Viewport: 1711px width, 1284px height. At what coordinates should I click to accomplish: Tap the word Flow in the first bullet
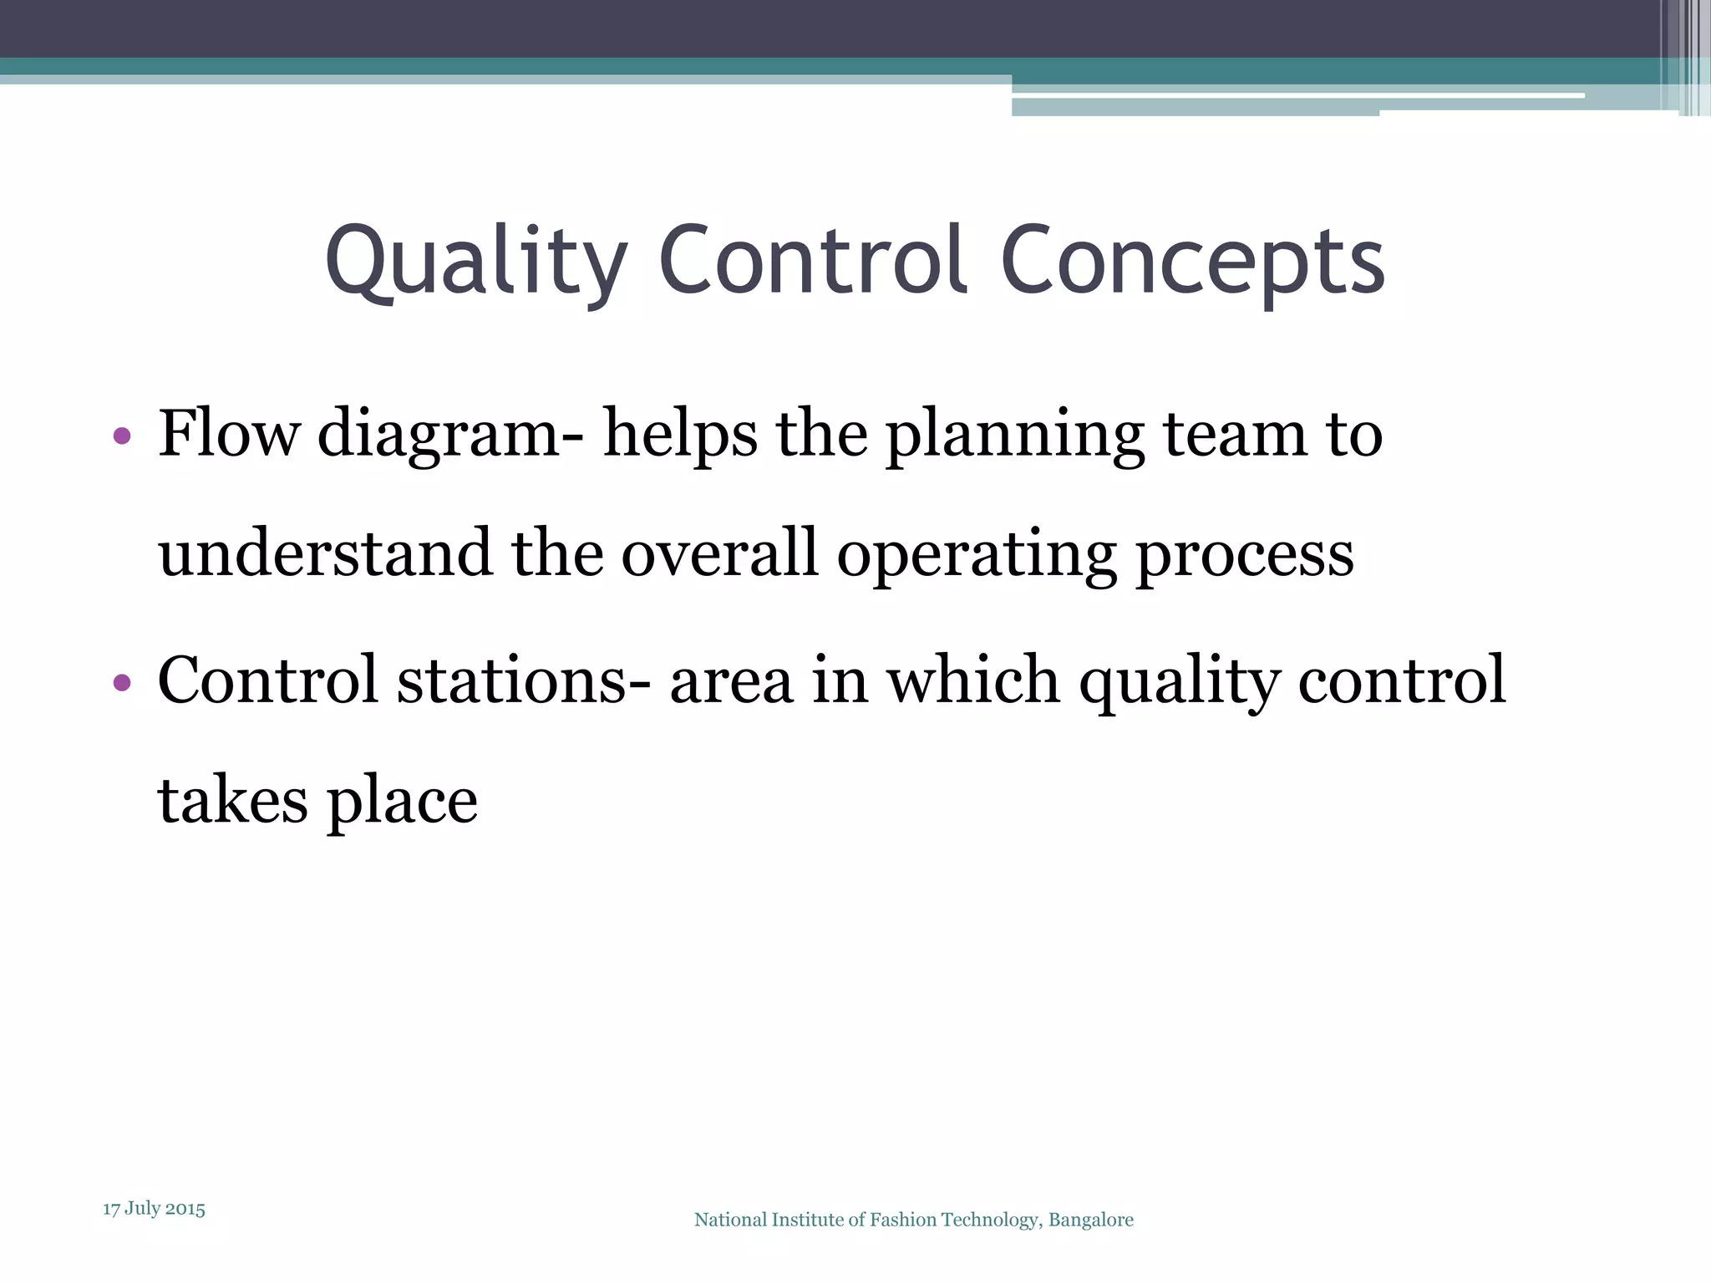228,434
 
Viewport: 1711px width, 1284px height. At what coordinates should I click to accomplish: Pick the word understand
325,553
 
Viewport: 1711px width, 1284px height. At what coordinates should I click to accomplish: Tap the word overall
719,553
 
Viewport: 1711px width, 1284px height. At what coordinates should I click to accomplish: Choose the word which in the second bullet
973,680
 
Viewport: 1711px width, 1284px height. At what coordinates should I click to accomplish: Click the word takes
232,800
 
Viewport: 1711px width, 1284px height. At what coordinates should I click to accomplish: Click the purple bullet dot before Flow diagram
122,436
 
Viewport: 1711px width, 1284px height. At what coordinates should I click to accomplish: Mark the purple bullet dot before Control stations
122,682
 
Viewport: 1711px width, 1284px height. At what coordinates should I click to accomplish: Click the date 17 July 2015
154,1209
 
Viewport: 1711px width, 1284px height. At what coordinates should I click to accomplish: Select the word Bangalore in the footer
1090,1220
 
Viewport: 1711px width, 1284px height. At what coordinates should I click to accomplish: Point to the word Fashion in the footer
903,1220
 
